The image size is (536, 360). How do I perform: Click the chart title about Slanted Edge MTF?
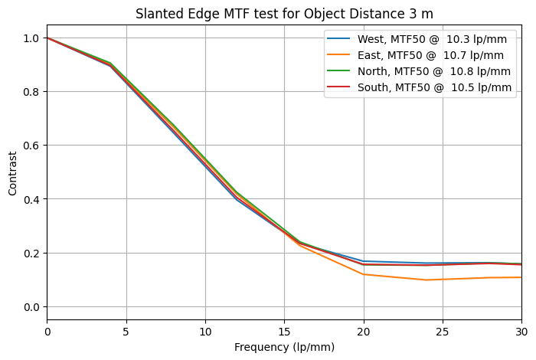(284, 14)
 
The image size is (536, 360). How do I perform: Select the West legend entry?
(417, 39)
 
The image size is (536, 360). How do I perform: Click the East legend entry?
(415, 55)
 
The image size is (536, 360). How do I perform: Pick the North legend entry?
(418, 71)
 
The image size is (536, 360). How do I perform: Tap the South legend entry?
(419, 87)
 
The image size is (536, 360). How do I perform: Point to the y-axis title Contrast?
(13, 173)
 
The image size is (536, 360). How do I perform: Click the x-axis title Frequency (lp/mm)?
(284, 347)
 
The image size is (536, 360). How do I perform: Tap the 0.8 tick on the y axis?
(31, 92)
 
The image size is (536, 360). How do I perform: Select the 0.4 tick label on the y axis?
(31, 199)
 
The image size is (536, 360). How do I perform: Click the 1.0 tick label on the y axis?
(31, 38)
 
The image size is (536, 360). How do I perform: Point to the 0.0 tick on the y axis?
(31, 307)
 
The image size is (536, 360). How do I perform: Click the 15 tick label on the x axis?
(284, 332)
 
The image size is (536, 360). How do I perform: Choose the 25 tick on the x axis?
(443, 332)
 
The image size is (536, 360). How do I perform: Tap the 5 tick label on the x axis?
(126, 332)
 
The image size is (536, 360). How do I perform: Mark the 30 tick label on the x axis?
(521, 332)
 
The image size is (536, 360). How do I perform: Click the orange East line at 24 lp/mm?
(427, 280)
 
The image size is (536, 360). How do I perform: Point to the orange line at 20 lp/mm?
(364, 274)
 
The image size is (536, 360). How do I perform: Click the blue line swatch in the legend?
(338, 38)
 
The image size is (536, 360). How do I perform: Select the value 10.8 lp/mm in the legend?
(480, 71)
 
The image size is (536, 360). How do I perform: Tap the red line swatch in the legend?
(338, 87)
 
